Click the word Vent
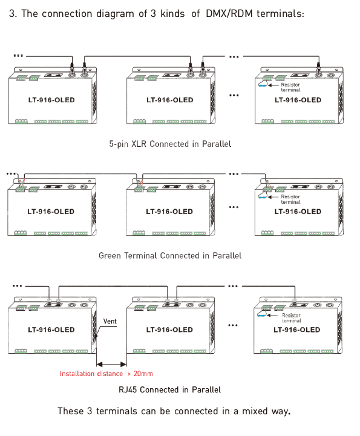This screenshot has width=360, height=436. coord(110,322)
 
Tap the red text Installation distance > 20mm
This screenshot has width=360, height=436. coord(106,374)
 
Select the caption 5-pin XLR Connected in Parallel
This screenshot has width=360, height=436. coord(170,144)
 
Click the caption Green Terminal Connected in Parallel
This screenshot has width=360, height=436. coord(170,256)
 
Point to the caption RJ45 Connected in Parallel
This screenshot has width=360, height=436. coord(169,389)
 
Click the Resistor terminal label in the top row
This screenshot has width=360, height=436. coord(290,87)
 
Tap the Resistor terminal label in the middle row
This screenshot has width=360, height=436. coord(290,199)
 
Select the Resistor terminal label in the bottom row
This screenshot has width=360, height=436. coord(291,318)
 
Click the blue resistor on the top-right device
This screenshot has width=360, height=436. coord(263,86)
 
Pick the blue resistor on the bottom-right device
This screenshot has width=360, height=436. coord(261,316)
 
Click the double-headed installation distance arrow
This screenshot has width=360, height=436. coord(111,364)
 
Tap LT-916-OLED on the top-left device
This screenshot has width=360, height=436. coord(51,100)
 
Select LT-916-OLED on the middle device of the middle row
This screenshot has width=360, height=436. coord(169,212)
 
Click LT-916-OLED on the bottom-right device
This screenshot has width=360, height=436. coord(297,330)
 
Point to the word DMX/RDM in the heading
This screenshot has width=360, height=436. coord(229,14)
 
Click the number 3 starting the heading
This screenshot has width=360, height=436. coord(12,14)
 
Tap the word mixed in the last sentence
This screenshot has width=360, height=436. coord(255,411)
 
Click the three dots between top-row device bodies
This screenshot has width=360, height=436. coord(234,96)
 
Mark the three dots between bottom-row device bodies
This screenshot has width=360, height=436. coord(233,325)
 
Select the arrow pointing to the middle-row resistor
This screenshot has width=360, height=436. coord(273,197)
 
